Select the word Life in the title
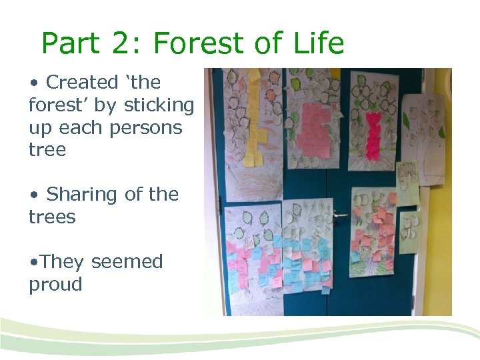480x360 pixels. pyautogui.click(x=318, y=44)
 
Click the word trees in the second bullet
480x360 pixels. pyautogui.click(x=52, y=217)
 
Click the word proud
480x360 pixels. pyautogui.click(x=55, y=285)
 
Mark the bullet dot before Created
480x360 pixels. pyautogui.click(x=33, y=83)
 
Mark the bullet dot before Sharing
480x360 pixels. pyautogui.click(x=33, y=195)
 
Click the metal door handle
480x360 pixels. pyautogui.click(x=339, y=215)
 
